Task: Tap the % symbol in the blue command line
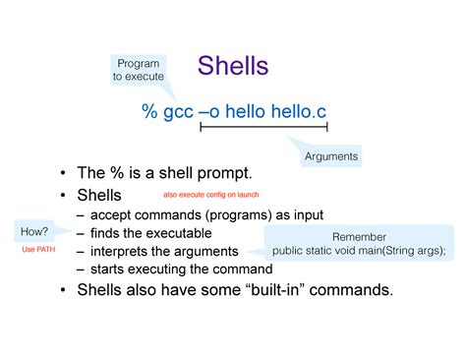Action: pyautogui.click(x=149, y=111)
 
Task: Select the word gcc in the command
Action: pyautogui.click(x=179, y=113)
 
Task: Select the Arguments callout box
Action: pyautogui.click(x=331, y=155)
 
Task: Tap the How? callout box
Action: pyautogui.click(x=33, y=231)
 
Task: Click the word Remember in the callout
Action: pyautogui.click(x=359, y=237)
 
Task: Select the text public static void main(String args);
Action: pyautogui.click(x=359, y=251)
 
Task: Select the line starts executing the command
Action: pyautogui.click(x=181, y=269)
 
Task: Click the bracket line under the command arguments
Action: pyautogui.click(x=262, y=126)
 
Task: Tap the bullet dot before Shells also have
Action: pyautogui.click(x=63, y=290)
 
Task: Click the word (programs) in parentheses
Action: pyautogui.click(x=235, y=215)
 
